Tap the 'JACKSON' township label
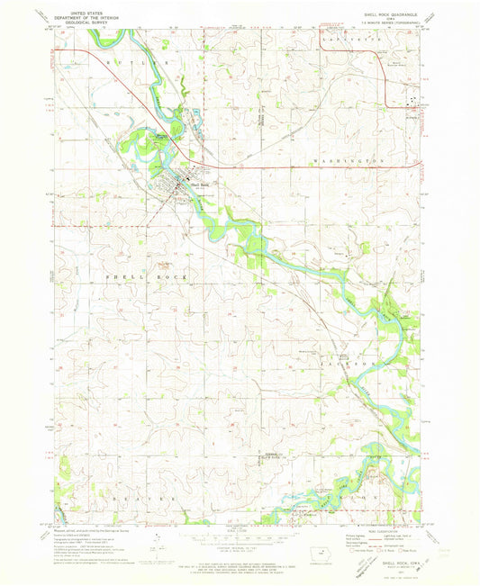[x=358, y=363]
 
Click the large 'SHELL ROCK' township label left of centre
[x=147, y=278]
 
